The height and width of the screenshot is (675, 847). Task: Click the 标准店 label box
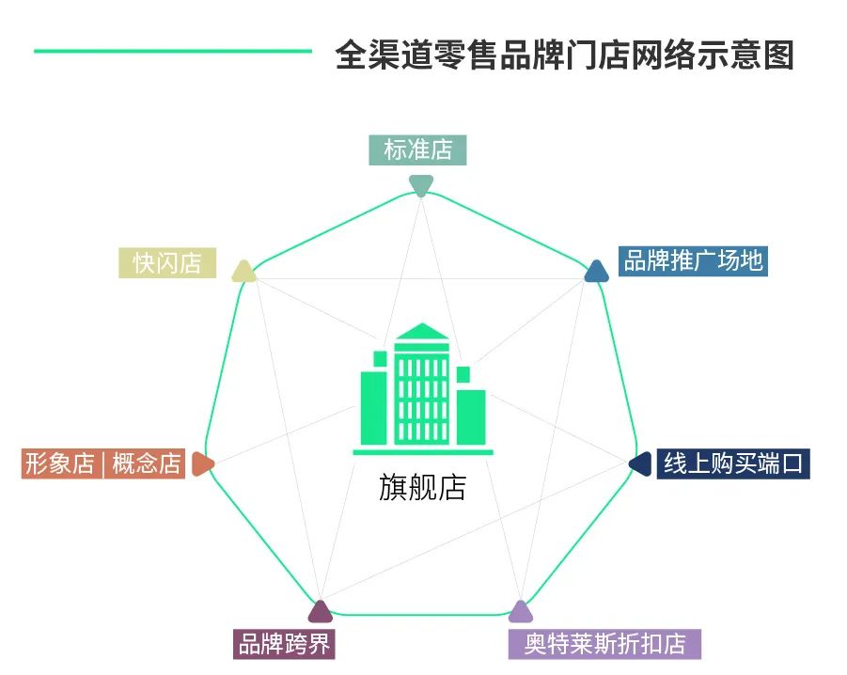(x=417, y=150)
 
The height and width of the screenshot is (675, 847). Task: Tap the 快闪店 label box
(x=167, y=263)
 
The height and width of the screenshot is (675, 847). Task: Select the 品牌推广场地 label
(x=693, y=260)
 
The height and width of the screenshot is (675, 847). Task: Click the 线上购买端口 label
(x=732, y=463)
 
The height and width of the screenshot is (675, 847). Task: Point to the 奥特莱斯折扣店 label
(x=604, y=645)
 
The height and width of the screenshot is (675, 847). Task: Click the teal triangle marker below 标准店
(x=420, y=185)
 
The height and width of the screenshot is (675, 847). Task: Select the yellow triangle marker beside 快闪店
(x=244, y=272)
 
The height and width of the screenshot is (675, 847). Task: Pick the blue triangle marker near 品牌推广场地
(x=597, y=272)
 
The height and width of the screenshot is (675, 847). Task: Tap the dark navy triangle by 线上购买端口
(x=640, y=463)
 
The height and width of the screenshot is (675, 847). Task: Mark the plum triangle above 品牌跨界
(x=321, y=612)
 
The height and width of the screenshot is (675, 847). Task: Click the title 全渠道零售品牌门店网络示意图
(x=564, y=54)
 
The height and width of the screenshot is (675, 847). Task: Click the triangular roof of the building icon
(x=422, y=331)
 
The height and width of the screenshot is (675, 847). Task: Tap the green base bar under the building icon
(x=422, y=452)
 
